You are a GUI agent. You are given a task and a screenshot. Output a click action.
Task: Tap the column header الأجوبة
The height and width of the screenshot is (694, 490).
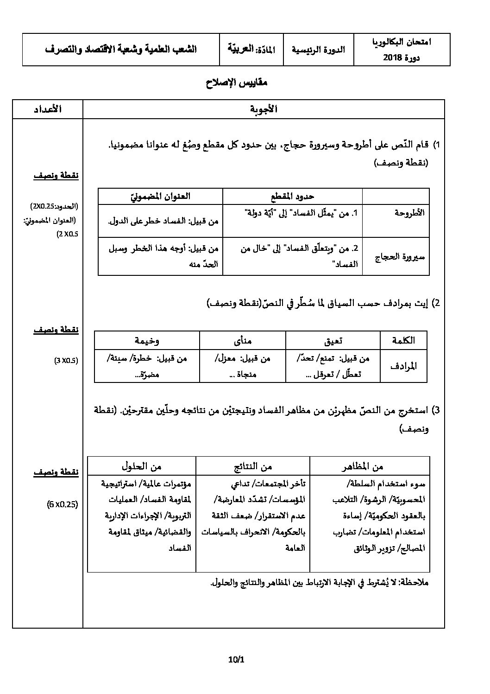click(x=264, y=109)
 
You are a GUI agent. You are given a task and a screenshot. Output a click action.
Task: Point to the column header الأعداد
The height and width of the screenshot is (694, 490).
click(x=48, y=109)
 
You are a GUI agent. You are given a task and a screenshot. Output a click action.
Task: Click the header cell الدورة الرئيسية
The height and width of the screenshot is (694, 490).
click(x=318, y=50)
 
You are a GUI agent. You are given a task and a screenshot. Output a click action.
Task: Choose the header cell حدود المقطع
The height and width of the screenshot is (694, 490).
click(x=292, y=196)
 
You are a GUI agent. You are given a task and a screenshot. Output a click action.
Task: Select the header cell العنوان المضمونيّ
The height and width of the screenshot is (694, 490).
click(x=160, y=196)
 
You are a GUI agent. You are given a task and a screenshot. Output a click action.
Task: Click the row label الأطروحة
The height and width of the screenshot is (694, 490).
click(x=409, y=213)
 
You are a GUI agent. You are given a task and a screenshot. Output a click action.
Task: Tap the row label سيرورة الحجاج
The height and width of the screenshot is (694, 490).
click(x=400, y=256)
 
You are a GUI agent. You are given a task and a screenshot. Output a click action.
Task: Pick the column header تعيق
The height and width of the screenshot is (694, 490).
click(x=333, y=340)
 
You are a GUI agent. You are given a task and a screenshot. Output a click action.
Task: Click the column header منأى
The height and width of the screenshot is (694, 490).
click(x=243, y=340)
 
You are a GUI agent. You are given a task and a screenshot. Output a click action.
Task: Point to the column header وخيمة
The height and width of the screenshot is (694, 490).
click(x=147, y=340)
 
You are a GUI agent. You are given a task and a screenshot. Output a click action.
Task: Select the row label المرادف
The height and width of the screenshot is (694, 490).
click(x=403, y=366)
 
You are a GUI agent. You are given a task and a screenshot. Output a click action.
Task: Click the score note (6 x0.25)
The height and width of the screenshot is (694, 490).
click(x=63, y=504)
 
